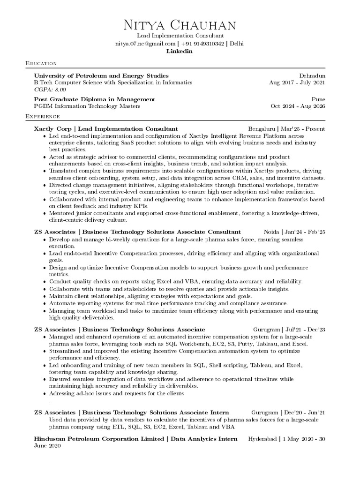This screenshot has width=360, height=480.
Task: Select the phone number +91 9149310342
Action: coord(202,44)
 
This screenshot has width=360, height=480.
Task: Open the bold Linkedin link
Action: coord(180,51)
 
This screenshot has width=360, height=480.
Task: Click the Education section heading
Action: coord(41,63)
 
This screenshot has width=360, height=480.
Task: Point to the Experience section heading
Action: coord(43,116)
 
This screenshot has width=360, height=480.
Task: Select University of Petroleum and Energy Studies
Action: coord(101,75)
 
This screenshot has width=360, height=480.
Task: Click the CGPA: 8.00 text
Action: coord(50,89)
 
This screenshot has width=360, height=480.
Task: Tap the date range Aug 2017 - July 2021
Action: coord(297,82)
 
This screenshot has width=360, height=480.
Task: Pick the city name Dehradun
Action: coord(312,75)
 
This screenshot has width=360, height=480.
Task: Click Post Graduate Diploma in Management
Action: coord(95,99)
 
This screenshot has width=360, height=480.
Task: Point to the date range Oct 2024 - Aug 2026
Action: coord(298,106)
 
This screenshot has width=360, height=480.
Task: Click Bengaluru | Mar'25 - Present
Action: coord(286,128)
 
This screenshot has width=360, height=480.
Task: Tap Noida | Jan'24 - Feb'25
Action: coord(294,232)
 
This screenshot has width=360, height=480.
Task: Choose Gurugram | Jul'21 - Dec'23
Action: coord(289,330)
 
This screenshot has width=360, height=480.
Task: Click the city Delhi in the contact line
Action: coord(237,44)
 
